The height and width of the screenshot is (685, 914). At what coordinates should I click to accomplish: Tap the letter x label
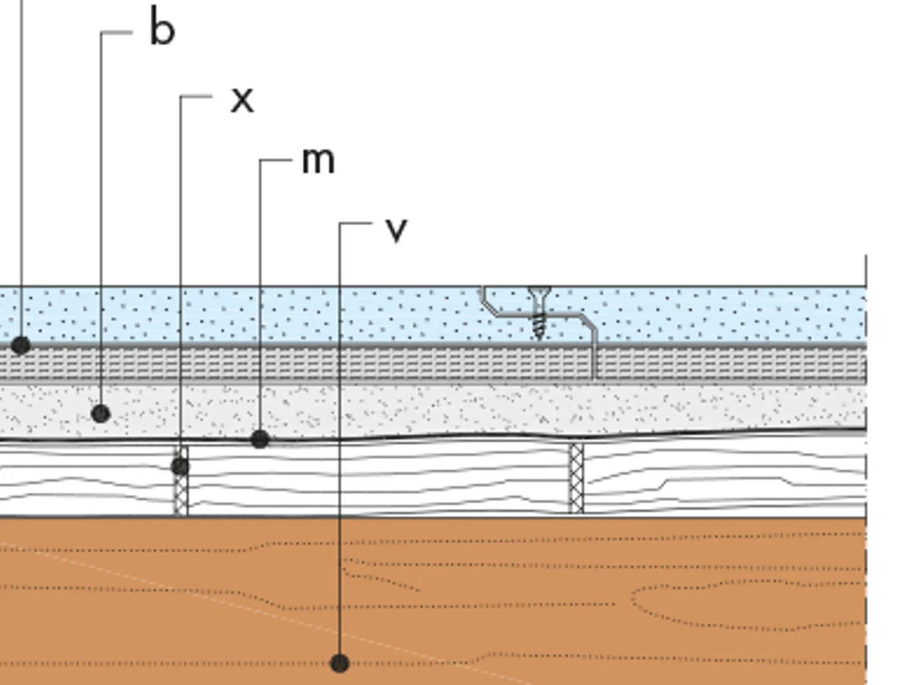tap(242, 100)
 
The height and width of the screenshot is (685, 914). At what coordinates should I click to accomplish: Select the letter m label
tap(318, 161)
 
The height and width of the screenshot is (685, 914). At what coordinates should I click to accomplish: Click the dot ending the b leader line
tap(101, 414)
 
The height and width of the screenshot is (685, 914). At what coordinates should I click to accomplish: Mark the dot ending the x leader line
tap(181, 466)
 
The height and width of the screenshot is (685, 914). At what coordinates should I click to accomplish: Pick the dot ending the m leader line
tap(260, 439)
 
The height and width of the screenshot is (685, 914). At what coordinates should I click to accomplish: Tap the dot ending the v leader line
tap(340, 663)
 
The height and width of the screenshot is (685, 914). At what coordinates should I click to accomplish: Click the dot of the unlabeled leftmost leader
tap(21, 346)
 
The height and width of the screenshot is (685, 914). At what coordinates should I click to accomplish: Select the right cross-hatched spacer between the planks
tap(576, 479)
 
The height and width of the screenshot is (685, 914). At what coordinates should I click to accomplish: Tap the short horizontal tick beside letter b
tap(117, 32)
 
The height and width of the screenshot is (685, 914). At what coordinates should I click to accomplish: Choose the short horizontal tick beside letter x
tap(196, 97)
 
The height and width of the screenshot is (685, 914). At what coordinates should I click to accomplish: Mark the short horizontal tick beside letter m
tap(276, 160)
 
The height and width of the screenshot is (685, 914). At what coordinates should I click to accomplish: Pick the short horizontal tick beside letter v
tap(356, 223)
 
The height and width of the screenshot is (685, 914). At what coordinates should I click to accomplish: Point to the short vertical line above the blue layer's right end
tap(866, 270)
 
